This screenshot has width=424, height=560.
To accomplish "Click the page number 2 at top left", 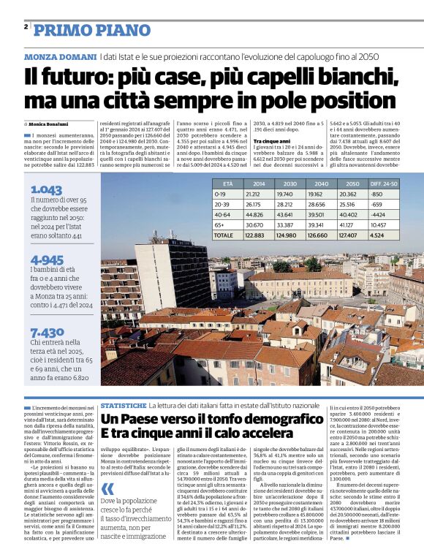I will (x=26, y=27).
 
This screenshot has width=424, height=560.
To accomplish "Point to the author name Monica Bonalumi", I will (x=51, y=125).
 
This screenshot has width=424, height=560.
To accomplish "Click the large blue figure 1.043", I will (x=46, y=189).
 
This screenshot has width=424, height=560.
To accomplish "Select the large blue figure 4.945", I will (x=47, y=260).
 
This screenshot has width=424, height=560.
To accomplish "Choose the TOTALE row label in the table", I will (x=223, y=235).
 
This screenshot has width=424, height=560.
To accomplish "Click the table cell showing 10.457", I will (x=381, y=225).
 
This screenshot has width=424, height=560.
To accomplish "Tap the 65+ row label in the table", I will (x=219, y=225).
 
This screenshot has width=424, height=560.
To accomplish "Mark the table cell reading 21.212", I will (x=253, y=194).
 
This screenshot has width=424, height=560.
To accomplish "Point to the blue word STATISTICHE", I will (x=124, y=404).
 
